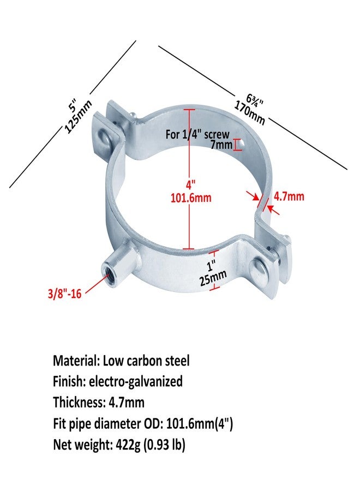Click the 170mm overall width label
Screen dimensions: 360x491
(x=249, y=113)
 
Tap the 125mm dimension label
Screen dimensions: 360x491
(x=78, y=117)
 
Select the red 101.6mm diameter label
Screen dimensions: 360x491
(x=191, y=198)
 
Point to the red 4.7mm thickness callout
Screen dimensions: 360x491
(x=289, y=196)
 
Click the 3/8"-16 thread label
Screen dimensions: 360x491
(x=64, y=294)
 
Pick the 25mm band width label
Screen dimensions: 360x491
(x=213, y=278)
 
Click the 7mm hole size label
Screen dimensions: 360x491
(x=221, y=145)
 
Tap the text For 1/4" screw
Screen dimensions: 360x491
(x=197, y=135)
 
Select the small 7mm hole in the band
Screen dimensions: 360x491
(x=241, y=144)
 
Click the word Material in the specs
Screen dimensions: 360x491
(x=76, y=361)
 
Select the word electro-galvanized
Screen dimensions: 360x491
(x=136, y=382)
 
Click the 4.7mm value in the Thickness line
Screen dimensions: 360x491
(x=127, y=403)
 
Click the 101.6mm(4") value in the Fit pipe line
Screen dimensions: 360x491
(x=200, y=424)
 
